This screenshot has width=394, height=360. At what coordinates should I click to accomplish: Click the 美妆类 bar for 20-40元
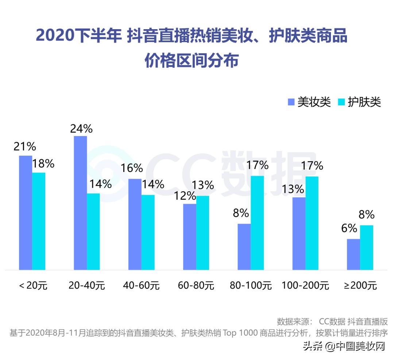point(80,203)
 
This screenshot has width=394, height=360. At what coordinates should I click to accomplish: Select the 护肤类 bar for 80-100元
point(257,223)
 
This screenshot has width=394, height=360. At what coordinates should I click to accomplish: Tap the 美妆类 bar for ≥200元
point(353,254)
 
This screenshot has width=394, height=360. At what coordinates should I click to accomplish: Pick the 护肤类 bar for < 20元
point(39,221)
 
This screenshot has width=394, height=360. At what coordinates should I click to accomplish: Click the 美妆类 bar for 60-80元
point(189,237)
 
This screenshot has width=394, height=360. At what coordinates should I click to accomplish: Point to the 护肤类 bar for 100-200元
point(312,223)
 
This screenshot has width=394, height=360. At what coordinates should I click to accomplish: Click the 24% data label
point(82,129)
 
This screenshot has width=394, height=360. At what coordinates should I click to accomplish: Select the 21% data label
point(25,146)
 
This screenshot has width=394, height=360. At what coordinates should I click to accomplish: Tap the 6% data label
point(349,228)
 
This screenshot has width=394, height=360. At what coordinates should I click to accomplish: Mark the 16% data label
point(132,168)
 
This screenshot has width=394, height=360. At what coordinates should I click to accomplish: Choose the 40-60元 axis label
point(141,285)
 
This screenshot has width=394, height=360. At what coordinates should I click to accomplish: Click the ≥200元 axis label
point(360,285)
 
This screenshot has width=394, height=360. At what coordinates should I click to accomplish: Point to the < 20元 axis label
point(33,285)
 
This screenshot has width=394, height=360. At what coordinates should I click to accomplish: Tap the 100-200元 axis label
point(305,285)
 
